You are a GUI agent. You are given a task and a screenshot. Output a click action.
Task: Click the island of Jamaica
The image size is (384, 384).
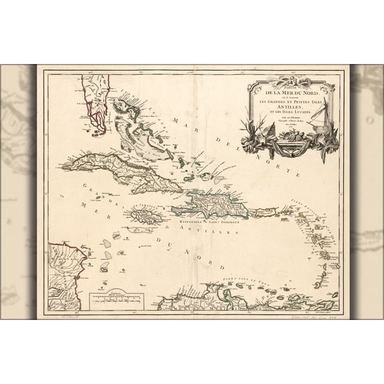click(x=147, y=216)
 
